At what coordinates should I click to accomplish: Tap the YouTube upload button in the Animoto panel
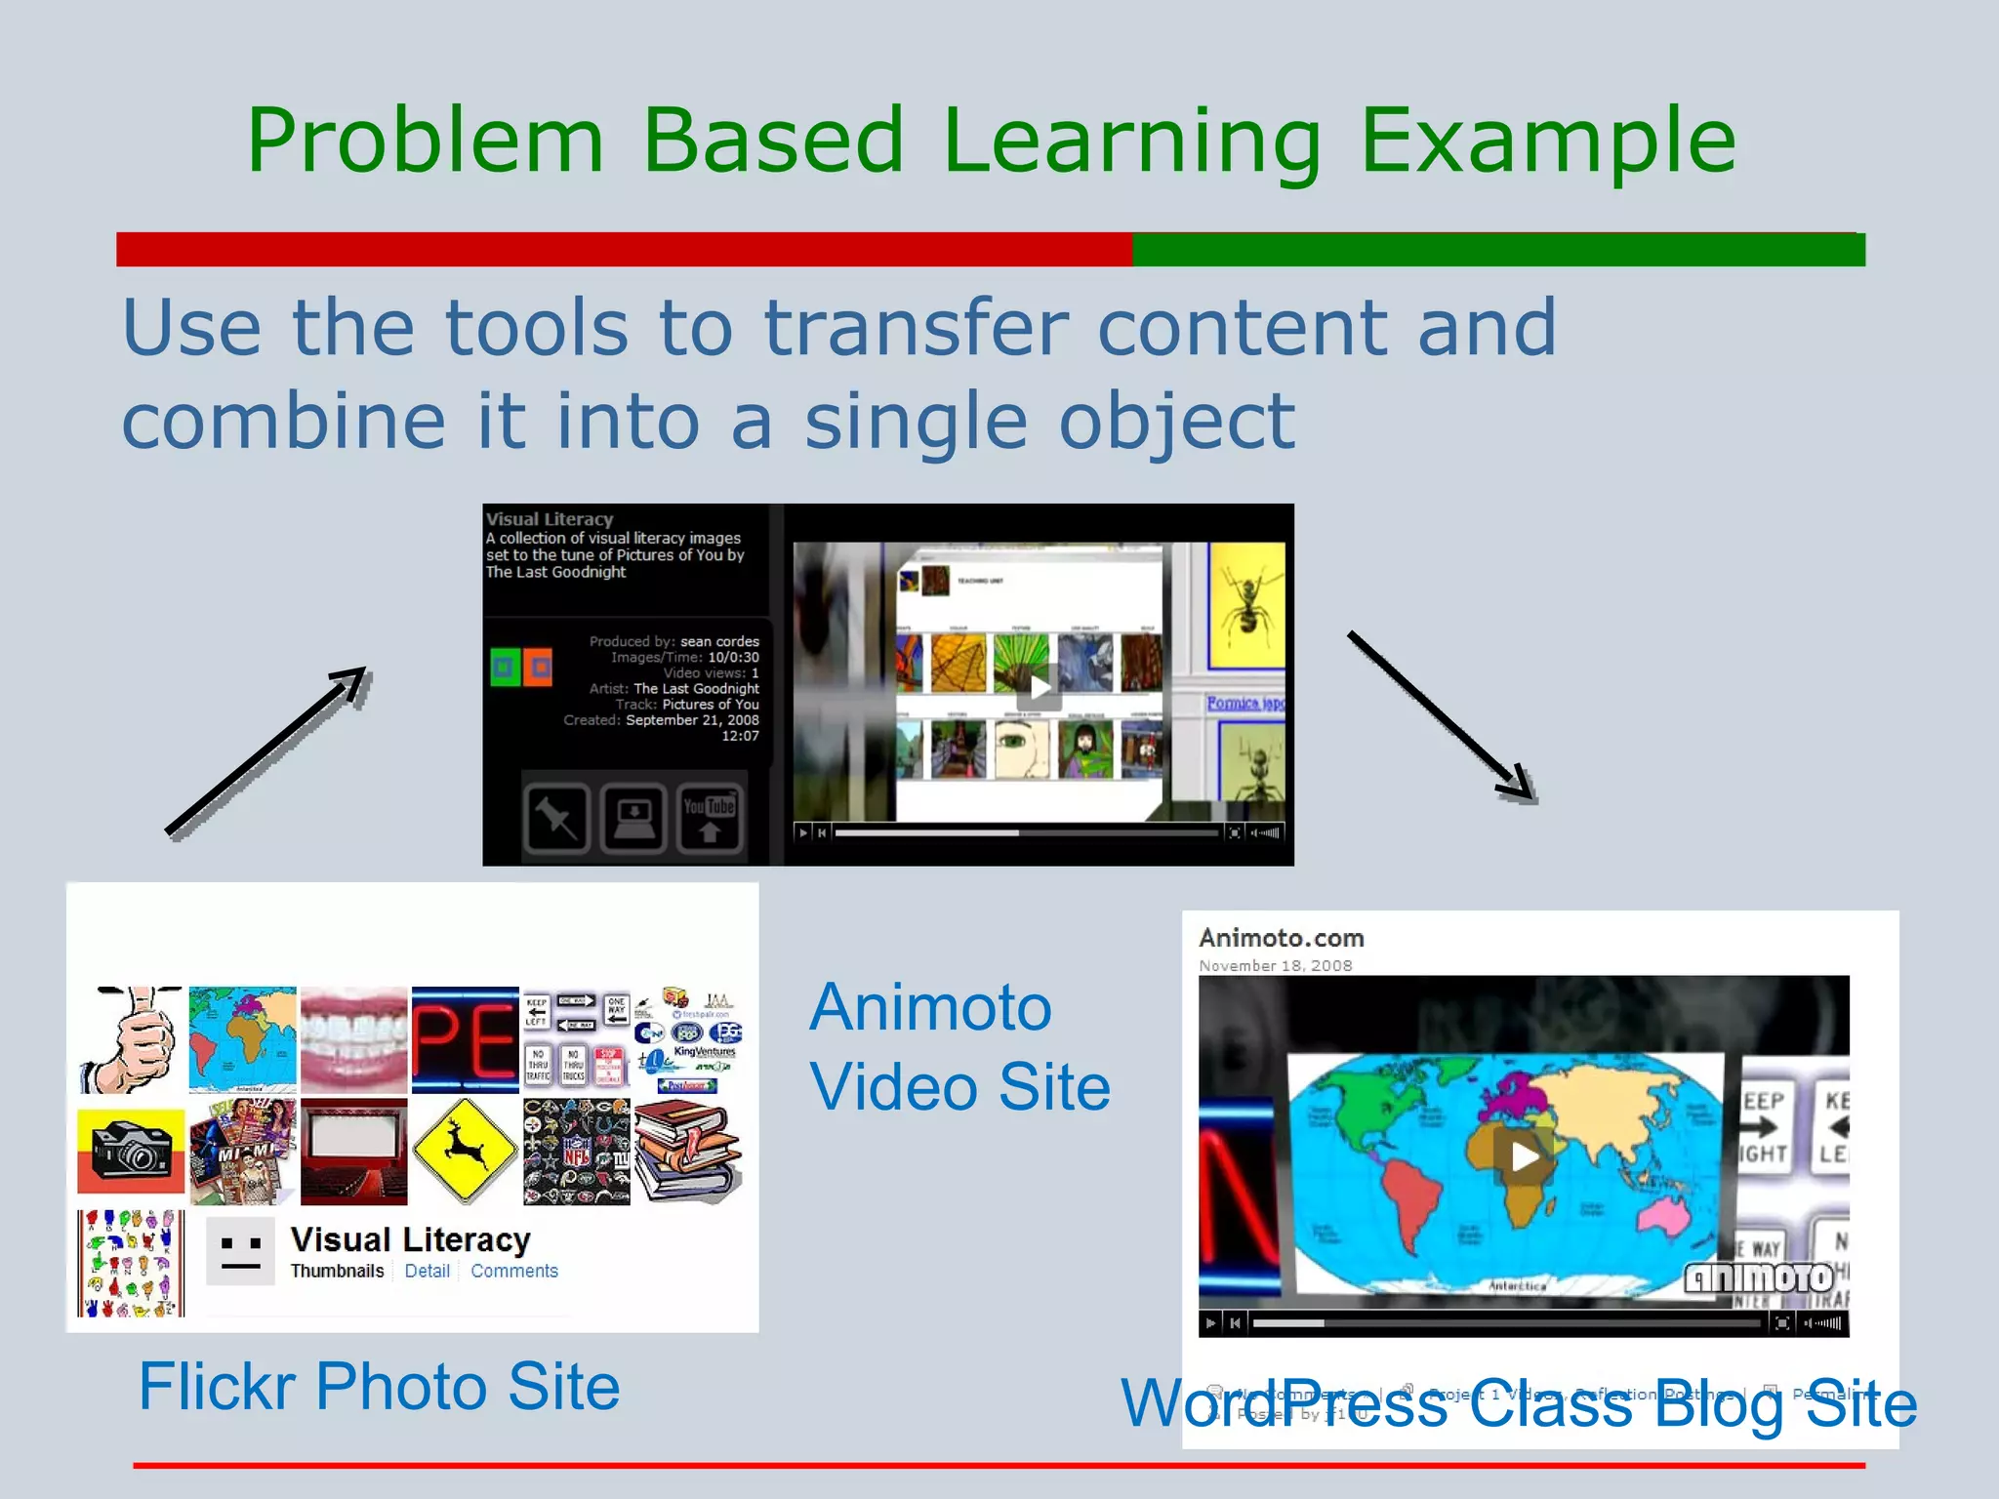[x=710, y=818]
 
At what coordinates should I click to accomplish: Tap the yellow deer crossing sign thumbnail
[x=465, y=1152]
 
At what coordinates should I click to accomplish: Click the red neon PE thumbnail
[x=465, y=1039]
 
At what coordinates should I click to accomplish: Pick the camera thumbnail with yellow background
[x=131, y=1152]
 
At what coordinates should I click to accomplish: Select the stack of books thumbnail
[x=688, y=1152]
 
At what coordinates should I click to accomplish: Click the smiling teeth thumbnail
[x=353, y=1039]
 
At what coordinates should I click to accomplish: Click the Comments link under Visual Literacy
[x=514, y=1271]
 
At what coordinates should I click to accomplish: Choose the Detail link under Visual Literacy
[x=428, y=1271]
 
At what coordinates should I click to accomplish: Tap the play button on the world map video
[x=1524, y=1157]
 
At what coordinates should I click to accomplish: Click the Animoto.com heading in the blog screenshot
[x=1281, y=938]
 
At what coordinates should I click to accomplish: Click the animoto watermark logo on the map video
[x=1758, y=1277]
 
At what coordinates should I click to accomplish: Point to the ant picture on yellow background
[x=1246, y=605]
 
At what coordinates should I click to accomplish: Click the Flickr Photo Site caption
[x=379, y=1387]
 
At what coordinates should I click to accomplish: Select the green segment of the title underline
[x=1498, y=250]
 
